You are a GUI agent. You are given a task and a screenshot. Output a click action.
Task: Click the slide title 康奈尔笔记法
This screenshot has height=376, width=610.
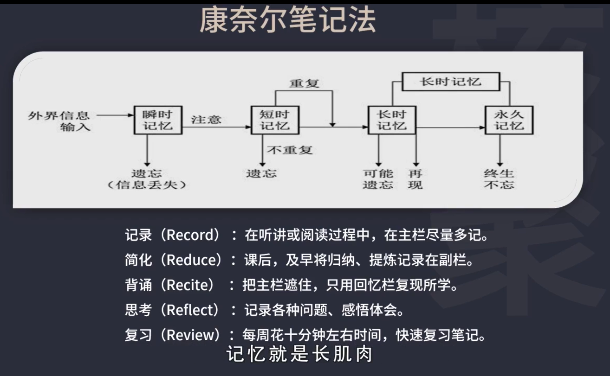click(287, 21)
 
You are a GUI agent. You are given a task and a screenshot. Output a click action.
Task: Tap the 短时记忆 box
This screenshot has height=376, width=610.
click(275, 120)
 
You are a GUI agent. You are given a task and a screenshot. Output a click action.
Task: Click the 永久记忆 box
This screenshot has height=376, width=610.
click(509, 120)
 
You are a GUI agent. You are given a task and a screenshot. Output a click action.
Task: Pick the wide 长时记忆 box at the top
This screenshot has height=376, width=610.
click(450, 82)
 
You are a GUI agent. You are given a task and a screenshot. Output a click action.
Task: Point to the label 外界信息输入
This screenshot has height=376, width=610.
click(59, 121)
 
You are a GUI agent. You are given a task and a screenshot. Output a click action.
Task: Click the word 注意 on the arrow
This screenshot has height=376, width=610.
click(206, 119)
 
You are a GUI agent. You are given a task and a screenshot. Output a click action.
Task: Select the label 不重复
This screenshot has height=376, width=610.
click(290, 150)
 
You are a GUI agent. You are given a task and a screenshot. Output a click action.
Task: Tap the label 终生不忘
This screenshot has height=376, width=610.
click(499, 179)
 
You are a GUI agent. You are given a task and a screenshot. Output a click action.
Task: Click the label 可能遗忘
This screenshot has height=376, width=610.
click(378, 179)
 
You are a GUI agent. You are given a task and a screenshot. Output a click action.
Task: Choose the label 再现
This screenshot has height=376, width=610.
click(415, 179)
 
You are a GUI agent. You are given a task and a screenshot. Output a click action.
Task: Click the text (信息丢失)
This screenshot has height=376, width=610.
click(147, 185)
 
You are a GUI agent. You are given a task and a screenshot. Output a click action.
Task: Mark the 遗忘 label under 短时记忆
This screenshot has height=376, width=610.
click(261, 173)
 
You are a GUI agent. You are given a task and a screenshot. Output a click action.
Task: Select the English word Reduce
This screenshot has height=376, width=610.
click(192, 260)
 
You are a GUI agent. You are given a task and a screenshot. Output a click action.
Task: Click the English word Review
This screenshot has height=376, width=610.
click(192, 334)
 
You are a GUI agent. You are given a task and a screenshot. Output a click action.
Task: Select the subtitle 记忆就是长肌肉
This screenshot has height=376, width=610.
click(299, 355)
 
